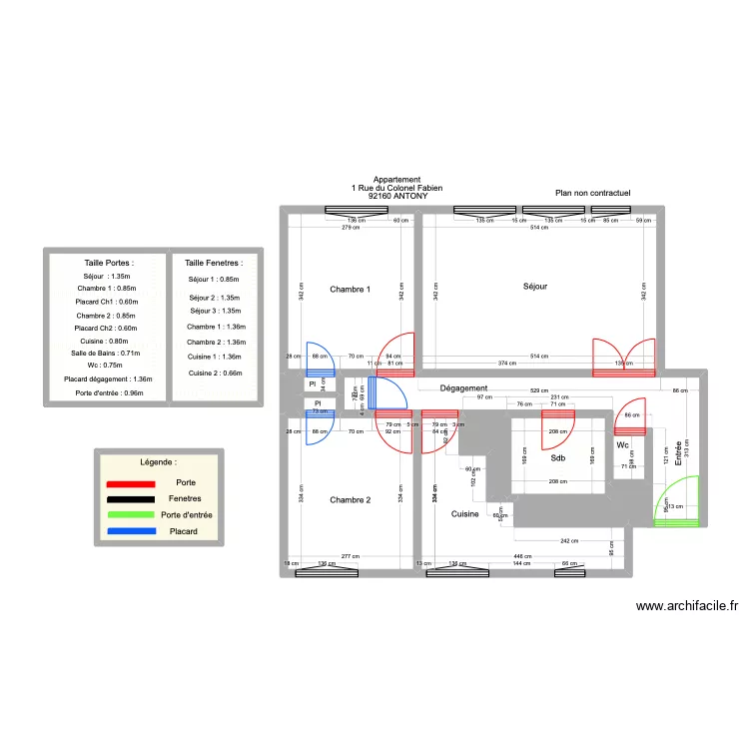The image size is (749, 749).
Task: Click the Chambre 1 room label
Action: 350,290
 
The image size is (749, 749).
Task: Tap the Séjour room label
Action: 535,287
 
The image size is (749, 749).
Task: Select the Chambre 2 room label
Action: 350,500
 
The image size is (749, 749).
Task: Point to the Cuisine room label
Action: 464,514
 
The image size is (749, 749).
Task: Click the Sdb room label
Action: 557,459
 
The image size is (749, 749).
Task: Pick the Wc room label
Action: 622,445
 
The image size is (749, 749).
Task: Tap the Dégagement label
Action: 463,388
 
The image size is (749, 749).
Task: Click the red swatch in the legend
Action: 130,483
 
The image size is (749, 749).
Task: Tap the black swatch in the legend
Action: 130,499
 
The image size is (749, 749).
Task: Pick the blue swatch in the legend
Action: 130,530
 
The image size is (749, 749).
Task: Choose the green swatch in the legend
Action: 130,515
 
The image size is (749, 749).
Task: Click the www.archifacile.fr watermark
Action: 686,605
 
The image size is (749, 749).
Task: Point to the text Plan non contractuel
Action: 593,192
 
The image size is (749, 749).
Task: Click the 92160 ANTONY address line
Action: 397,197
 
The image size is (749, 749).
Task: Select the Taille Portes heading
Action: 109,263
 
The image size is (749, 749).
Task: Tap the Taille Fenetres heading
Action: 214,263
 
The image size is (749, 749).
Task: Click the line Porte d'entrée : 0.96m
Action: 109,392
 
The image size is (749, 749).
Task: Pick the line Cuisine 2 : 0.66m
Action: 215,373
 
